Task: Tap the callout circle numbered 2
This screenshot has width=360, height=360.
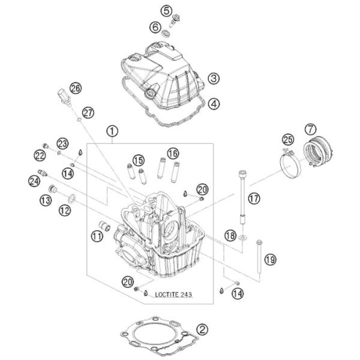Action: pyautogui.click(x=203, y=329)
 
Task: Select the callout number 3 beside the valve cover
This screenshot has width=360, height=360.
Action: pyautogui.click(x=213, y=78)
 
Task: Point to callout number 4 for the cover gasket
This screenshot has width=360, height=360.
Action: pyautogui.click(x=213, y=103)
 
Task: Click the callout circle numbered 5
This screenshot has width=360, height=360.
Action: pyautogui.click(x=166, y=10)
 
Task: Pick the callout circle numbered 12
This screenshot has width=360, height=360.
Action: pyautogui.click(x=64, y=211)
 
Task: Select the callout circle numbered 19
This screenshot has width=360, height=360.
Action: pyautogui.click(x=269, y=259)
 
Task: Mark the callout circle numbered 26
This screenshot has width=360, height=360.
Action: pyautogui.click(x=75, y=88)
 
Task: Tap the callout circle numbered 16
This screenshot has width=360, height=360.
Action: pyautogui.click(x=173, y=153)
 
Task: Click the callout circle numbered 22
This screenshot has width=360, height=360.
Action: pyautogui.click(x=40, y=155)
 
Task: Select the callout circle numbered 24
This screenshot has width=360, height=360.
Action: pyautogui.click(x=34, y=181)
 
